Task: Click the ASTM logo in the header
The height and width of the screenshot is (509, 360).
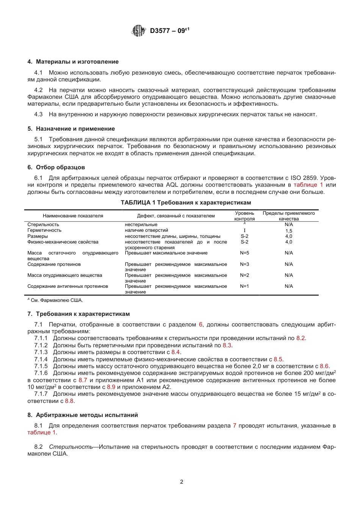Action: pyautogui.click(x=138, y=31)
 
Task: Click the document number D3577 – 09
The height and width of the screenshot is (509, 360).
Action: pyautogui.click(x=169, y=31)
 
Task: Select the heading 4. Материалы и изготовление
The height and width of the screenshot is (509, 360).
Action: pyautogui.click(x=73, y=62)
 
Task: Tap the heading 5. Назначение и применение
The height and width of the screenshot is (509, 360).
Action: pyautogui.click(x=71, y=129)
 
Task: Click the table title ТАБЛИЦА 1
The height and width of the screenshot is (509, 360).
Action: pyautogui.click(x=186, y=203)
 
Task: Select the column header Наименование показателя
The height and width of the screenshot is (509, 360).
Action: pyautogui.click(x=73, y=216)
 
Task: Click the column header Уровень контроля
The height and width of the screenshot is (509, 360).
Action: pyautogui.click(x=244, y=216)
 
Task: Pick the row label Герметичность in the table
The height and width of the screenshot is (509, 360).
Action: pyautogui.click(x=44, y=230)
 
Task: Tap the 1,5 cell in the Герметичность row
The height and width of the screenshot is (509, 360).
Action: pyautogui.click(x=289, y=231)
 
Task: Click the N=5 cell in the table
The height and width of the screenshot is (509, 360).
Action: pyautogui.click(x=244, y=253)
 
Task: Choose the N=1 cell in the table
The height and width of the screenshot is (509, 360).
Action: pyautogui.click(x=244, y=286)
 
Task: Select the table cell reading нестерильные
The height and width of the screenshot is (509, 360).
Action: pyautogui.click(x=141, y=225)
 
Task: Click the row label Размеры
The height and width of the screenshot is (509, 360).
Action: pyautogui.click(x=38, y=236)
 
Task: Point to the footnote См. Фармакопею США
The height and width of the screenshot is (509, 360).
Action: pyautogui.click(x=56, y=300)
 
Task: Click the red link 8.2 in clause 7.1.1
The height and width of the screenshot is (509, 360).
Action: pyautogui.click(x=301, y=338)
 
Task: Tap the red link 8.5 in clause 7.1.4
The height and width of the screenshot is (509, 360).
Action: pyautogui.click(x=278, y=359)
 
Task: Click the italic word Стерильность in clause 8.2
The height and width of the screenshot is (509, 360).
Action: pyautogui.click(x=71, y=447)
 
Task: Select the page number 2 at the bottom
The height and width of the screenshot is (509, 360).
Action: pyautogui.click(x=182, y=482)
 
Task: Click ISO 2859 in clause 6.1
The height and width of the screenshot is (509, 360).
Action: pyautogui.click(x=305, y=178)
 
